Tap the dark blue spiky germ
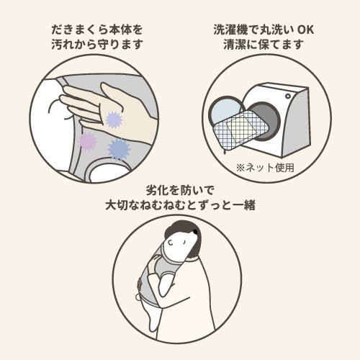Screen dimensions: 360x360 (117, 148)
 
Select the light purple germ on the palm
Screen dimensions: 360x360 (113, 119)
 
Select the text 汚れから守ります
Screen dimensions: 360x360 (97, 44)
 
